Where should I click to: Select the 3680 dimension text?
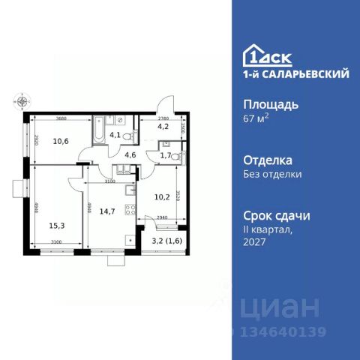pos(61,118)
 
